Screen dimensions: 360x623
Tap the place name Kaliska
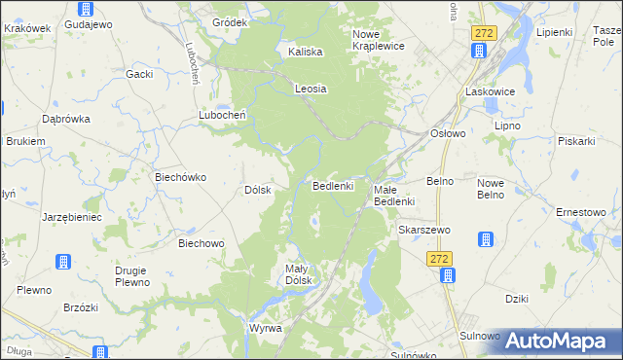[x=306, y=53]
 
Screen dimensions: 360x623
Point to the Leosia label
[x=311, y=89]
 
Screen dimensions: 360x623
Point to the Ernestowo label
[x=581, y=212]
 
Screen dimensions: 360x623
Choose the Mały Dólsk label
[x=297, y=274]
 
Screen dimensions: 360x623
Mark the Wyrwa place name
[x=265, y=328]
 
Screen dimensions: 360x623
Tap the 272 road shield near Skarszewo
[x=440, y=258]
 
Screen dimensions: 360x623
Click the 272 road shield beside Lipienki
[x=483, y=33]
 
